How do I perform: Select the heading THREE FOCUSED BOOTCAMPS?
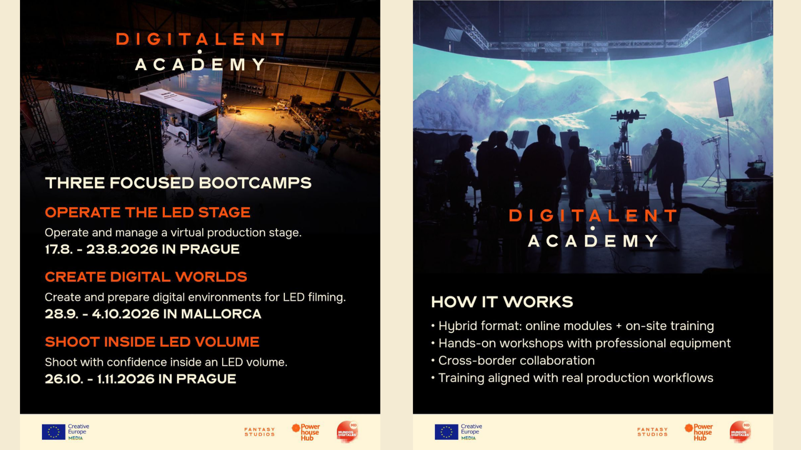[x=178, y=183]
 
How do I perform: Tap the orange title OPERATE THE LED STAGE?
[x=147, y=212]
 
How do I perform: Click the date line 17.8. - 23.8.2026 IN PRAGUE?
[x=142, y=249]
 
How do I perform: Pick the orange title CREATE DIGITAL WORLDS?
[x=146, y=277]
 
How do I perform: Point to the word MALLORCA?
[x=221, y=314]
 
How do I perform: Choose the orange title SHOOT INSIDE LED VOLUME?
[x=152, y=342]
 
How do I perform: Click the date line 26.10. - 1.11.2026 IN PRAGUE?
[x=141, y=379]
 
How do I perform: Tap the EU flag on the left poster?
[x=54, y=432]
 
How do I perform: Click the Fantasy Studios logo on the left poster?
[x=260, y=432]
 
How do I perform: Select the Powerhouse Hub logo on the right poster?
[x=699, y=432]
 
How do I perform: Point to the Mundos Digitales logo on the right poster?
[x=740, y=431]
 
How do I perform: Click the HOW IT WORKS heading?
[x=502, y=302]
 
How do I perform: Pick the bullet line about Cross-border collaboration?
[x=513, y=360]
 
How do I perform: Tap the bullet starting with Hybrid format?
[x=573, y=326]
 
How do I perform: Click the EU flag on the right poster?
[x=446, y=432]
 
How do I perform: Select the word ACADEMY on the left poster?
[x=200, y=64]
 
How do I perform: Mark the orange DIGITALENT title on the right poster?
[x=593, y=215]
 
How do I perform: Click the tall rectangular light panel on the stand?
[x=723, y=97]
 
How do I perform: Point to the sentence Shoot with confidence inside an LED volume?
[x=166, y=362]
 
